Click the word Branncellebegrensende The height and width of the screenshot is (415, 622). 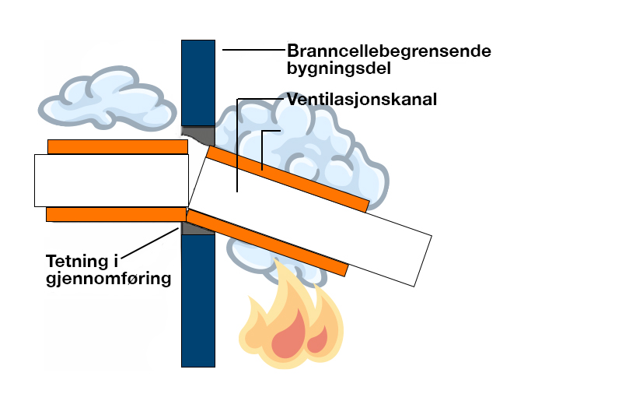389,51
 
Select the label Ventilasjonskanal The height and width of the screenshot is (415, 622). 362,100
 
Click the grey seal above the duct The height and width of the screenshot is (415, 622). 196,136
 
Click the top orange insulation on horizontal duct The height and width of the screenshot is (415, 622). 117,146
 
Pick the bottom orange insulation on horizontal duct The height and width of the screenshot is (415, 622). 117,214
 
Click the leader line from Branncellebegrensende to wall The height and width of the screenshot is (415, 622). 253,51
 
